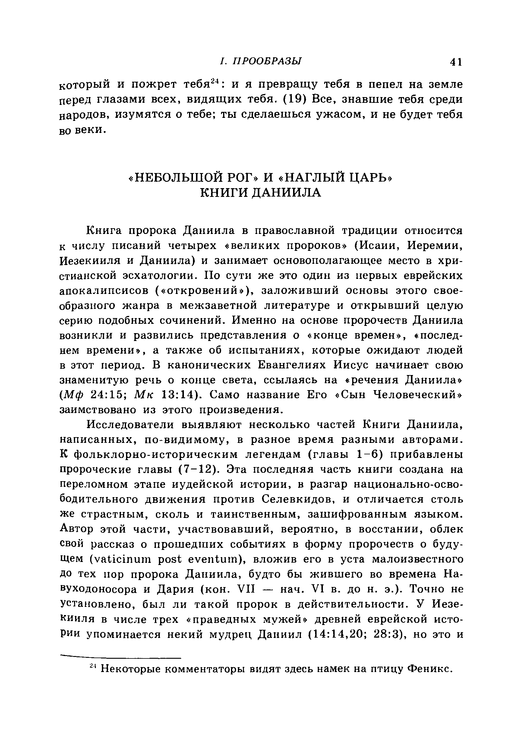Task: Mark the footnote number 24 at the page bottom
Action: pyautogui.click(x=93, y=666)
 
